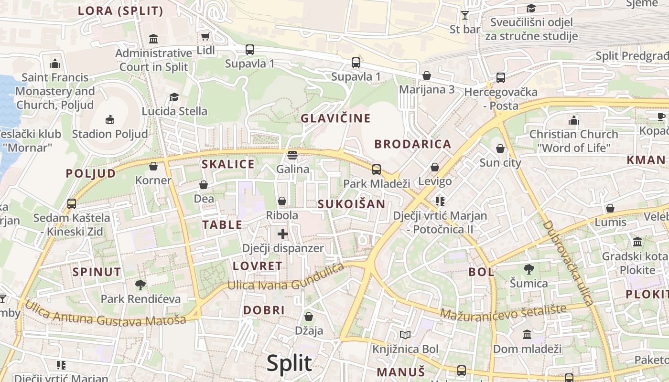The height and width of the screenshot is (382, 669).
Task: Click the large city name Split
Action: point(289,363)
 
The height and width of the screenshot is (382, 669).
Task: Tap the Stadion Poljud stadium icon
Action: point(110,119)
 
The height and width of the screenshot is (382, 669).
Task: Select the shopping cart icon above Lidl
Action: point(205,36)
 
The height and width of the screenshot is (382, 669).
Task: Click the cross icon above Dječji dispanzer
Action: point(283,234)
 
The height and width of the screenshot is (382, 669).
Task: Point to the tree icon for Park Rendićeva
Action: point(140,285)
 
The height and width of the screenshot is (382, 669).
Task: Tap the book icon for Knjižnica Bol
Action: point(405,335)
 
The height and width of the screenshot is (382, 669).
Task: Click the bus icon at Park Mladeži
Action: point(377,169)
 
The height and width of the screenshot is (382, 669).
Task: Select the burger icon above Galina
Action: point(292,155)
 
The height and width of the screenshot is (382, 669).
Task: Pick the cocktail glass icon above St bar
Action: point(464,15)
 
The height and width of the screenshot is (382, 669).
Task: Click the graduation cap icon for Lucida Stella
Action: point(174,97)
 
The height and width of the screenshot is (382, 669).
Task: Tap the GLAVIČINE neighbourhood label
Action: point(335,118)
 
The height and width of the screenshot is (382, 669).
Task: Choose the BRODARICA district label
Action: point(413,144)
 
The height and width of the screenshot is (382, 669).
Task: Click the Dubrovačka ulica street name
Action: point(569,263)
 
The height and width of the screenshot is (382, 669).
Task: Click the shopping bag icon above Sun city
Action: point(500,149)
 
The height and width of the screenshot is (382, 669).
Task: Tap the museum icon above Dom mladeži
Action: point(527,334)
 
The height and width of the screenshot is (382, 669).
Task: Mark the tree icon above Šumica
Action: point(529,269)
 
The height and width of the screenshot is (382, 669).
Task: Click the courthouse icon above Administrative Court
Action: point(153,39)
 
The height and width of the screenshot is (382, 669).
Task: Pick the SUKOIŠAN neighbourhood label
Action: point(352,204)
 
